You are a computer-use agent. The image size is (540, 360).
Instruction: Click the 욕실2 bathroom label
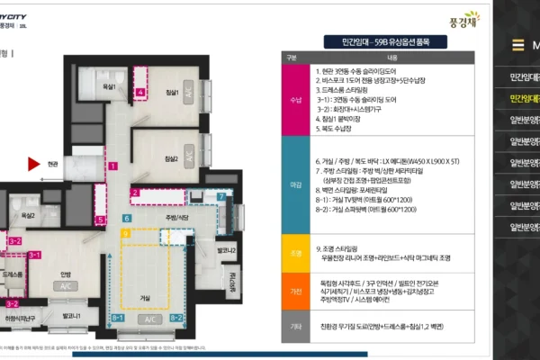click(x=28, y=216)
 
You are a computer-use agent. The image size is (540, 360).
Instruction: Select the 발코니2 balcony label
click(x=228, y=250)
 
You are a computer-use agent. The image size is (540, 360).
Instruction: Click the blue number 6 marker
click(x=127, y=219)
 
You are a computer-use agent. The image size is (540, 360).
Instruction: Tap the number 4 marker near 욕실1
click(x=139, y=92)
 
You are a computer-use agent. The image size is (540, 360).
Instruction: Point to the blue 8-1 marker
click(x=118, y=318)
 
